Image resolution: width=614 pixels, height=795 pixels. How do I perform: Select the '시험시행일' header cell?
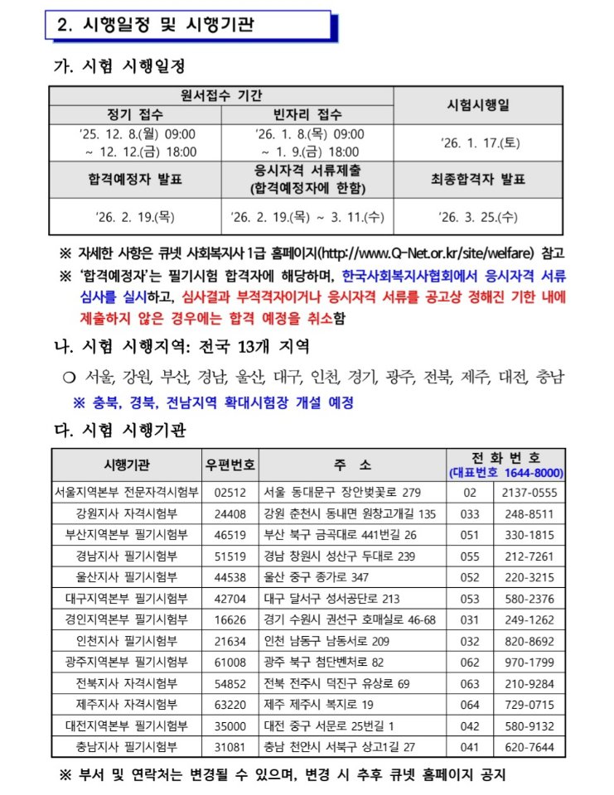478,105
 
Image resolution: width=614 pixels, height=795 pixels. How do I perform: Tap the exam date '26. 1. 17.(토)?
478,142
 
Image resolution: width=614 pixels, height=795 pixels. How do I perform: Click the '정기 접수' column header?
135,114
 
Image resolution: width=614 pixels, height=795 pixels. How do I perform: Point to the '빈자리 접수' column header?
307,114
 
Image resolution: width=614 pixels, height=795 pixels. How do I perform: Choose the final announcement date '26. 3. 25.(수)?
478,217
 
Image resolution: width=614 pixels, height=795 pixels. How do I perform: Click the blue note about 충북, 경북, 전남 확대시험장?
214,403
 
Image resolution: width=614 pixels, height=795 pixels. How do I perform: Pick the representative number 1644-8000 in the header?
506,473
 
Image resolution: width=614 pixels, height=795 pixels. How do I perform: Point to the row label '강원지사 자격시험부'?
127,513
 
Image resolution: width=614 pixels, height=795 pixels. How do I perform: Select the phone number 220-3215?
529,577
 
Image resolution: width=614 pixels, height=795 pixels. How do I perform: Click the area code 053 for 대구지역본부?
470,599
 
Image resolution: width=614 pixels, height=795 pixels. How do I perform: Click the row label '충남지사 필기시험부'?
127,747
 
